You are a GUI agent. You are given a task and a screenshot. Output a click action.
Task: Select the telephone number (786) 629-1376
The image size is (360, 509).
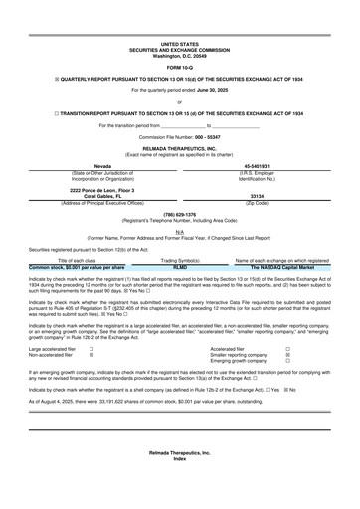point(179,213)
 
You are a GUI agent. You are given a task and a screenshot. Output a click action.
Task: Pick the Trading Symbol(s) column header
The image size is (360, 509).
point(179,260)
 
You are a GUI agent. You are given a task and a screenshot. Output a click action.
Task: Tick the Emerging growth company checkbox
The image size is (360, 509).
point(287,361)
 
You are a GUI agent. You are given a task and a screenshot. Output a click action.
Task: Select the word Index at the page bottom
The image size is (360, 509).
point(179,486)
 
